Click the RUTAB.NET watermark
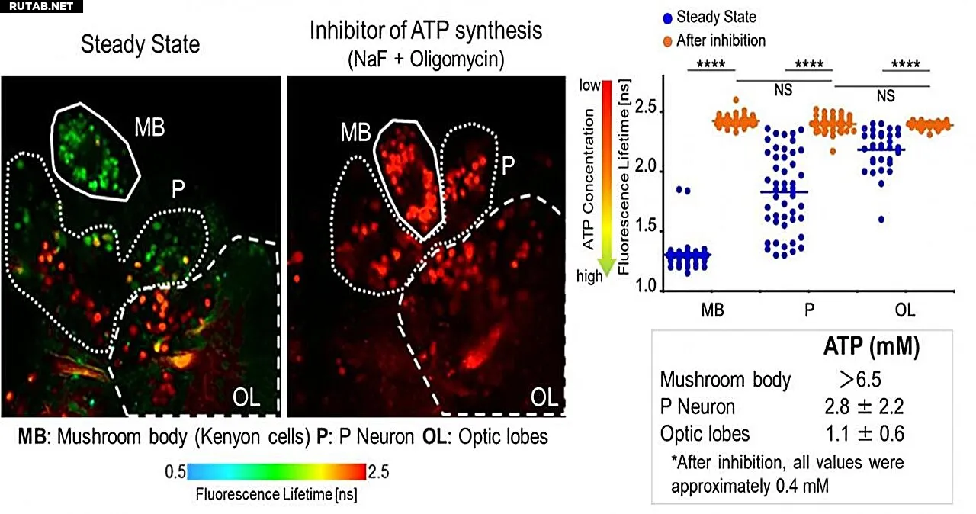point(40,7)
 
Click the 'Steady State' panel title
point(140,44)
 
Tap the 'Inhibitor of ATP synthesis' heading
point(426,31)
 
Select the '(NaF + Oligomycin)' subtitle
point(426,59)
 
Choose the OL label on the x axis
point(905,310)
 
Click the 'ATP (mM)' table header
point(872,348)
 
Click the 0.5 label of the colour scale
point(175,472)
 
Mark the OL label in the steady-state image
point(246,397)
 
